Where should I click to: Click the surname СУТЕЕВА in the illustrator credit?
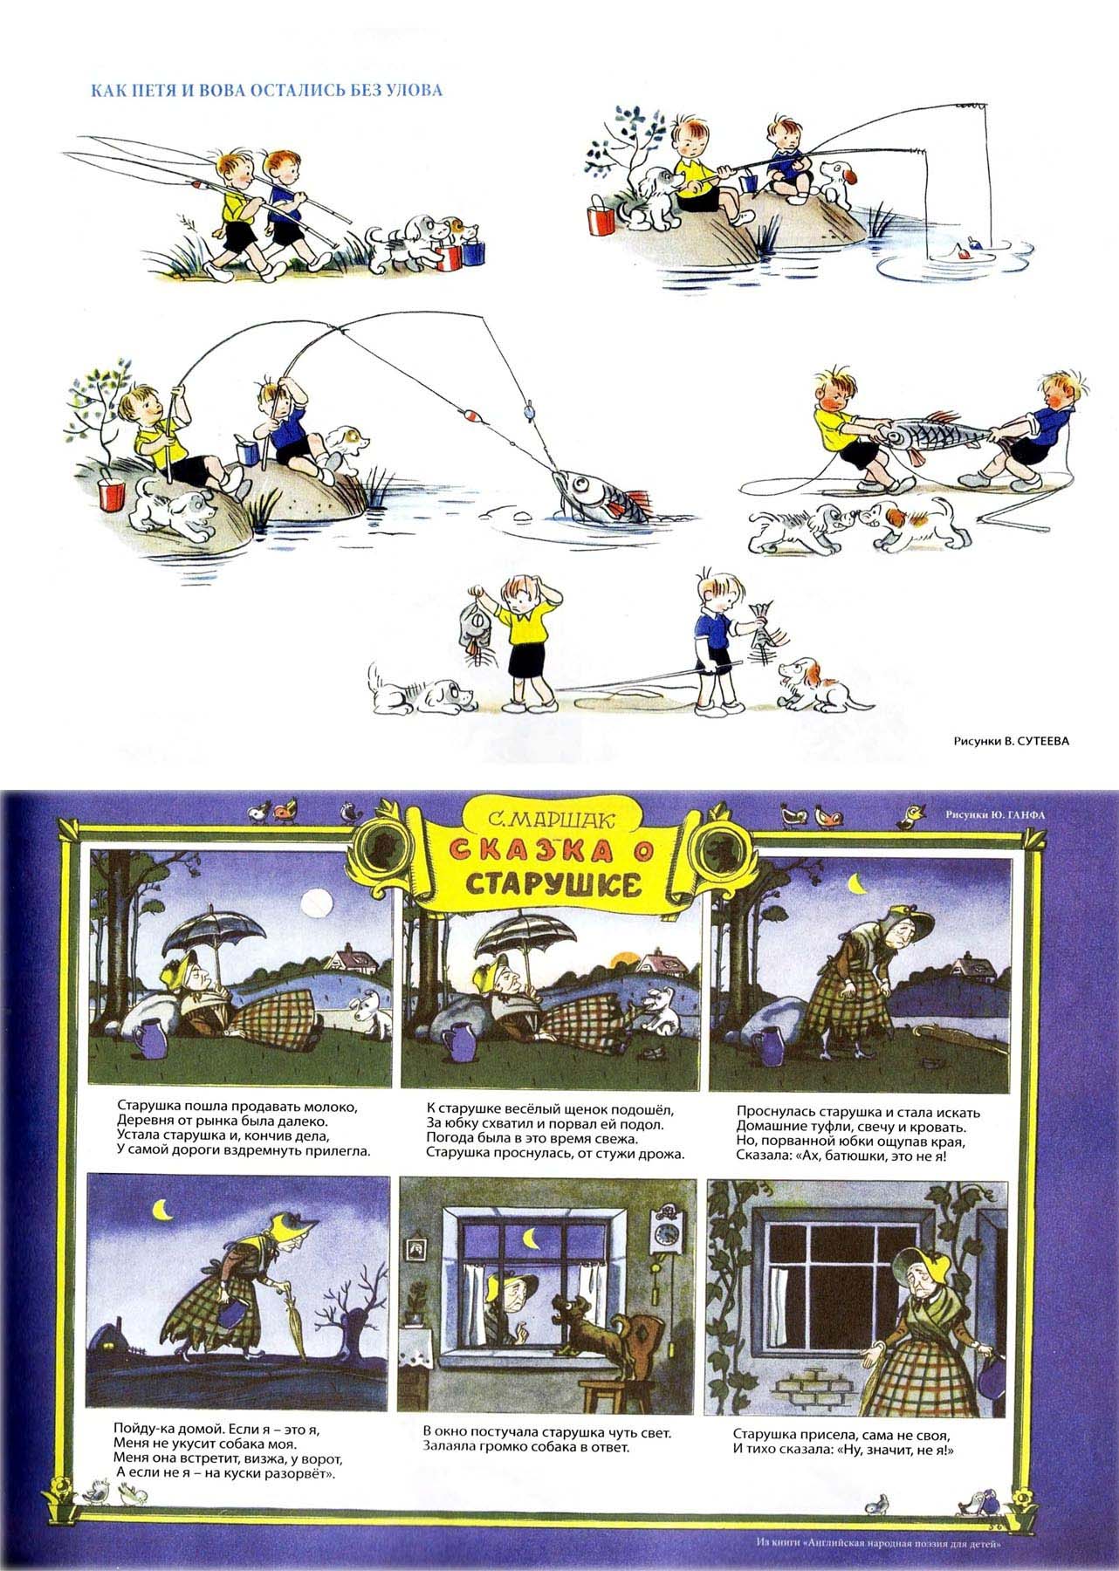1037,741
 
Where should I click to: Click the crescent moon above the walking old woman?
161,1210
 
